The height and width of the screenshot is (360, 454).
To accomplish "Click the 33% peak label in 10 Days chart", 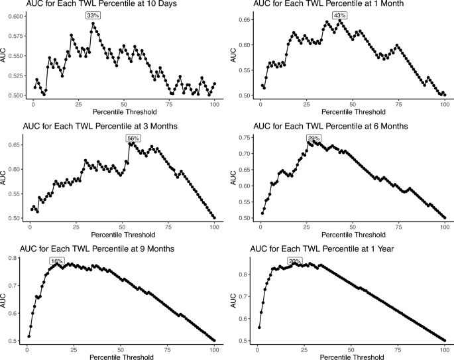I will (93, 15).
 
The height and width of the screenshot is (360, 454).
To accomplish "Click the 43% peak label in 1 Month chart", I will (340, 15).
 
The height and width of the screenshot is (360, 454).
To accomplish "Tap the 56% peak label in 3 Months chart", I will (132, 138).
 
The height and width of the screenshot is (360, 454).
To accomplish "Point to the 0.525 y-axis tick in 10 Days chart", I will (15, 76).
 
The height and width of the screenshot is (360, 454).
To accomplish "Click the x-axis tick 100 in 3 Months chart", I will (215, 227).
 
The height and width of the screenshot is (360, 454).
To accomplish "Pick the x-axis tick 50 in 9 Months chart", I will (121, 349).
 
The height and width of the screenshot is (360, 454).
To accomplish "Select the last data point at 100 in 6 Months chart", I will (445, 217).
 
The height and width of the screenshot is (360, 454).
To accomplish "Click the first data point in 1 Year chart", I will (259, 328).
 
